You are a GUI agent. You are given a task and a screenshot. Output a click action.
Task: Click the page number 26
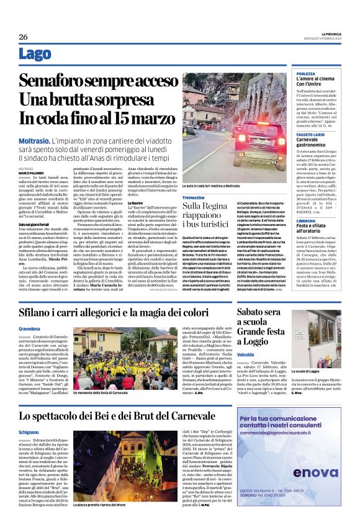pos(24,37)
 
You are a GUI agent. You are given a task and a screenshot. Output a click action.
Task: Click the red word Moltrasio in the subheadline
pos(35,142)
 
